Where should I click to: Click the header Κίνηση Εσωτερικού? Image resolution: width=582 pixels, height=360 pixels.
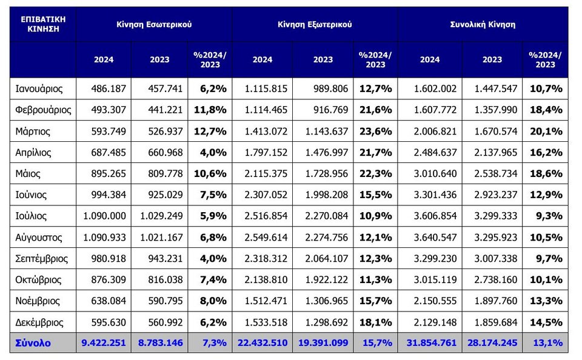(154, 25)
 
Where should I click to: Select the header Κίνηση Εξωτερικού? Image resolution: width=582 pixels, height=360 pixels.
(315, 25)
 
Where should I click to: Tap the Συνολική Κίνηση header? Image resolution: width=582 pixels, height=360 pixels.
(483, 25)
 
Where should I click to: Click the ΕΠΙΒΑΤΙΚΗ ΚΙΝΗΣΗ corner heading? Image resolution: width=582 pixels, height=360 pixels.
(43, 24)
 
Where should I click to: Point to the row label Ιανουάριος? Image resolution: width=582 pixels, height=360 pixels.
(39, 89)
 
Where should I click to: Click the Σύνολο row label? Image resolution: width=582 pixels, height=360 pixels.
(33, 343)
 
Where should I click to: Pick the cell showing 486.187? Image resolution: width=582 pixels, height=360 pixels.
(109, 89)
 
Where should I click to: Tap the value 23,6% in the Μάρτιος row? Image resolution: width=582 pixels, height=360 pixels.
(375, 132)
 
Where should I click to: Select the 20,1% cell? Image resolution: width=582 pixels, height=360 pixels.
(546, 132)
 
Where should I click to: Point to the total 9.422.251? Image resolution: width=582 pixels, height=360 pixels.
(104, 343)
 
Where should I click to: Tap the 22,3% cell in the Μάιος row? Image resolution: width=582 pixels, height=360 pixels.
(375, 174)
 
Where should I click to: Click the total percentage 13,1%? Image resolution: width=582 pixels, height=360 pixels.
(548, 343)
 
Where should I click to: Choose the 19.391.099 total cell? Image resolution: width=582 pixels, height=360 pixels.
(323, 343)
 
